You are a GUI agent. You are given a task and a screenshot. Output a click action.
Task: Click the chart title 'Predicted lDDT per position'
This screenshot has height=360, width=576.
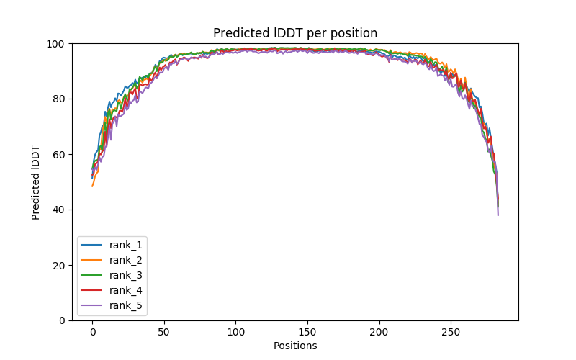[295, 33]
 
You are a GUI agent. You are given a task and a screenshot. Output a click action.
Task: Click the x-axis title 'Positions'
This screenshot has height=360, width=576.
[295, 346]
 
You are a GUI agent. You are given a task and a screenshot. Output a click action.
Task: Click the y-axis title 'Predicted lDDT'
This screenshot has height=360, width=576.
[37, 182]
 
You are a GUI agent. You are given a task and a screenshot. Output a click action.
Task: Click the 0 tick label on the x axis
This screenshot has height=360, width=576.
[92, 331]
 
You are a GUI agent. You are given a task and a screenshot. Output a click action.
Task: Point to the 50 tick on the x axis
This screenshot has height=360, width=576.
[164, 331]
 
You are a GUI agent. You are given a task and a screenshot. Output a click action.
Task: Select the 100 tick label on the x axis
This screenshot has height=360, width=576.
[235, 331]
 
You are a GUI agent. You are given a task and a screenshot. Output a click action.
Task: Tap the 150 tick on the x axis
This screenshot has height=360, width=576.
[307, 331]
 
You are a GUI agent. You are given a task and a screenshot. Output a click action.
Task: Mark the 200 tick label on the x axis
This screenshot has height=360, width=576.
[379, 331]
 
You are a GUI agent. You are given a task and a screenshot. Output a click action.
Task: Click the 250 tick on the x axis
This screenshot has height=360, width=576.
[451, 331]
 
